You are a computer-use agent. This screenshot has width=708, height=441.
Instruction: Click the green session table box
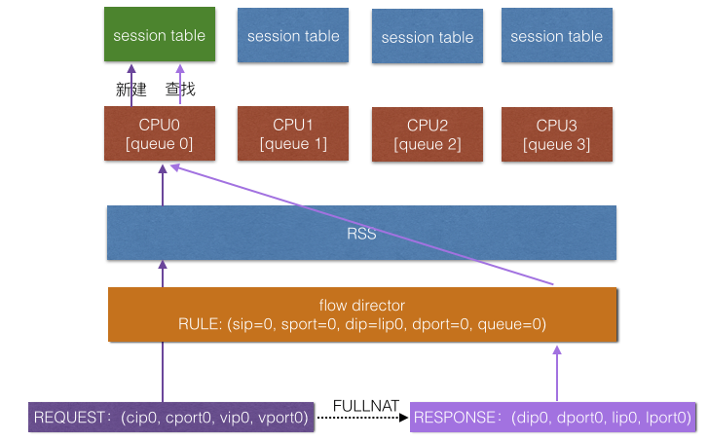click(160, 36)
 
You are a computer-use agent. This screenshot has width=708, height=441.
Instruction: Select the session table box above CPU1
click(293, 36)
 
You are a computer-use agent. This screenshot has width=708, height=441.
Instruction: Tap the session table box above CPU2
click(428, 38)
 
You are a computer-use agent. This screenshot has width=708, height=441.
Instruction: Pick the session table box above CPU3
click(557, 36)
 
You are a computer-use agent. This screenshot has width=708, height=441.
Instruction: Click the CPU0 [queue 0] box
click(160, 134)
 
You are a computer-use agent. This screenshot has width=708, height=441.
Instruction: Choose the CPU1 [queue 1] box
click(293, 134)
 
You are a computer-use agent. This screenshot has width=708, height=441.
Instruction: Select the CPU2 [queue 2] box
click(428, 135)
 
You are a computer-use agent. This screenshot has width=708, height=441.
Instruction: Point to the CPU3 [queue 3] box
click(557, 135)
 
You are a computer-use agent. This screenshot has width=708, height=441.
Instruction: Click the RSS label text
click(362, 234)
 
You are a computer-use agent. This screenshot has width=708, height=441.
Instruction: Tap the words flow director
click(362, 306)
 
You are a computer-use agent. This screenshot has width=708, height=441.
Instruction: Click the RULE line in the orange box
click(362, 323)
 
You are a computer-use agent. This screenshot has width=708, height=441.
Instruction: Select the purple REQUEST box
click(171, 418)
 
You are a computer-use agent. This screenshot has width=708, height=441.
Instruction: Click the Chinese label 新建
click(130, 90)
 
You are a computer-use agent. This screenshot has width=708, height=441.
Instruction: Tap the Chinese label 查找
click(180, 90)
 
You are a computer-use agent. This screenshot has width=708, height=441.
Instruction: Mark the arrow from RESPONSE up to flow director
click(558, 375)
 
